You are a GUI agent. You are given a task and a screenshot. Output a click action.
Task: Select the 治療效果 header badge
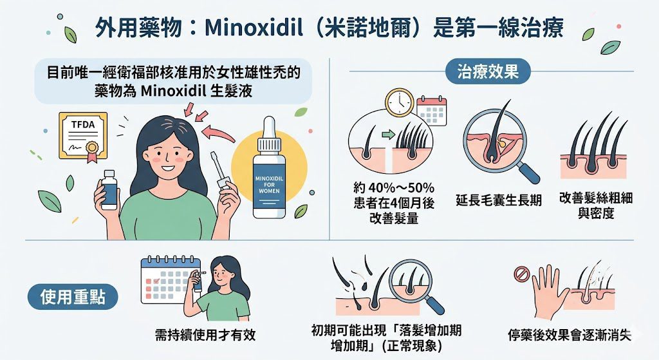point(488,71)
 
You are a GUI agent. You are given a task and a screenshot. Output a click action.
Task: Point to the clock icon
point(400,102)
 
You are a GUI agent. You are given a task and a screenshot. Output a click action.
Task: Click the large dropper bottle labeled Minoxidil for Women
point(269,167)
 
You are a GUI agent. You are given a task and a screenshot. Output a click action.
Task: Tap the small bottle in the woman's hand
point(109,189)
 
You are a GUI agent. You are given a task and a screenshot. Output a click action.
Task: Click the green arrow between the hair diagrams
point(389,135)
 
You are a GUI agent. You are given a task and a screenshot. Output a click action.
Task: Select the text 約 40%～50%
point(394,187)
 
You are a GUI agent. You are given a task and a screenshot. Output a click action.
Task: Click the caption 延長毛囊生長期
point(499,200)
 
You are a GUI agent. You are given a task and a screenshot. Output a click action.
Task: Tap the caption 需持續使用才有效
point(205,334)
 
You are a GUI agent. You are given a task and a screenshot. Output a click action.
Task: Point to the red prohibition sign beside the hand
point(521,275)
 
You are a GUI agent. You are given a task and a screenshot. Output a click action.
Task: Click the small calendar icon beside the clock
point(432,111)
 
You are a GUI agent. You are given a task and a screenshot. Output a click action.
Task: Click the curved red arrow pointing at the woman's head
point(218,134)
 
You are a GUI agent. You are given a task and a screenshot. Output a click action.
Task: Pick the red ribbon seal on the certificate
point(92,151)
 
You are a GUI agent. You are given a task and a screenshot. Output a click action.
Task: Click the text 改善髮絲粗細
point(596,198)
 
